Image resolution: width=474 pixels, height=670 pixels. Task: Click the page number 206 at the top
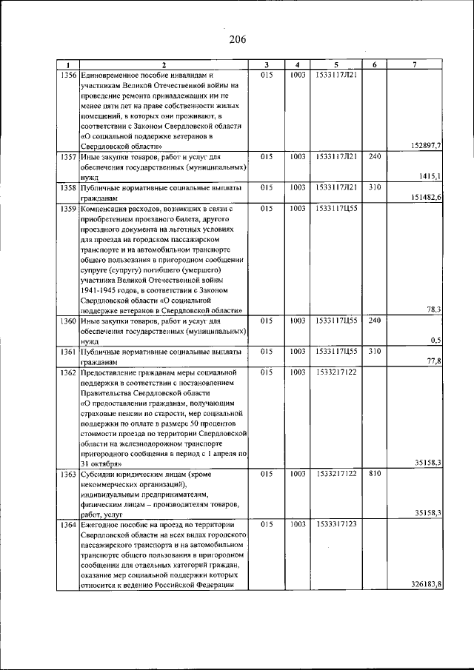tap(237, 39)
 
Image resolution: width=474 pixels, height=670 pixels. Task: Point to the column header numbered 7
tap(415, 64)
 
